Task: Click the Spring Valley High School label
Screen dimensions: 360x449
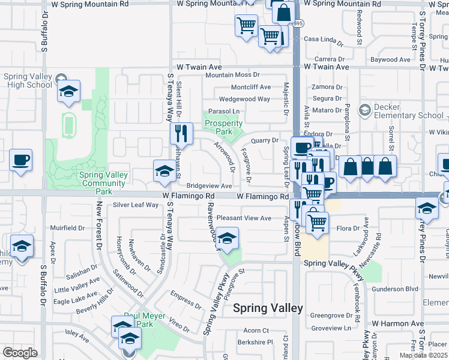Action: pos(28,80)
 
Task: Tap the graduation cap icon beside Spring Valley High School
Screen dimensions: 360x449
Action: pos(69,92)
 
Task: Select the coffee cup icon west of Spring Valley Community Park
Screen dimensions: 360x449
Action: pos(21,160)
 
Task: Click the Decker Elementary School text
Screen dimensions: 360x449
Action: pos(409,111)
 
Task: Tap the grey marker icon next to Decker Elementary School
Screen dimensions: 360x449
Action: pos(364,110)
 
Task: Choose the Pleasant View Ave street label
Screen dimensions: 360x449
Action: pos(244,218)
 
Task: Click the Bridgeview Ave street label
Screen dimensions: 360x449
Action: pos(209,186)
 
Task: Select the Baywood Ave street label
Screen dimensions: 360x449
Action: pos(390,59)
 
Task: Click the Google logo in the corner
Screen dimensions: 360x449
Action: pos(20,353)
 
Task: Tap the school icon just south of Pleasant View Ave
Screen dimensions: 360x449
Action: pos(227,239)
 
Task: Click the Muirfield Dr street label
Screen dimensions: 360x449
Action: pos(67,228)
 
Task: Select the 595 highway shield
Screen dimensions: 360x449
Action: pos(298,23)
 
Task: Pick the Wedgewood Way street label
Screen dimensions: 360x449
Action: pos(245,99)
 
